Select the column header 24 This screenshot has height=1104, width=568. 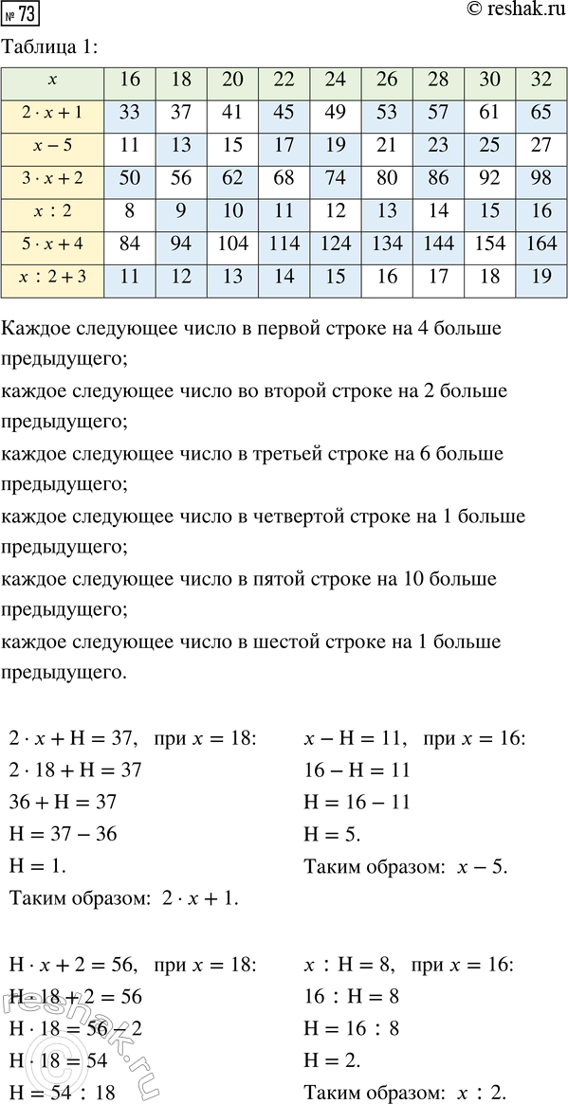coord(336,81)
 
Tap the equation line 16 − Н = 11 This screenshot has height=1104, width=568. coord(357,770)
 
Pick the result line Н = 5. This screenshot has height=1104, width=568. coord(333,833)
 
